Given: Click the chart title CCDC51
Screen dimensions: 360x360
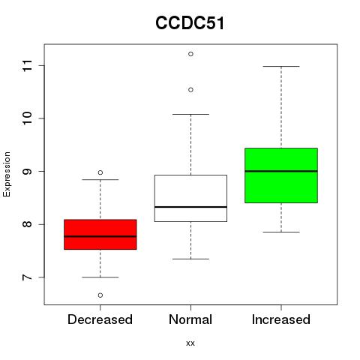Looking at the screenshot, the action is pos(190,23).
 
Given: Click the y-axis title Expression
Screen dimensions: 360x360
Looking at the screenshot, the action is pos(7,174).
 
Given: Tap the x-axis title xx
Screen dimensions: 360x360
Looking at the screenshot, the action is pos(190,343).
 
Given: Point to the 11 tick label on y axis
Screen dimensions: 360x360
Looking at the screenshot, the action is pos(27,66).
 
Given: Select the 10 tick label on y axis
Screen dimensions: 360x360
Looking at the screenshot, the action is pos(27,118).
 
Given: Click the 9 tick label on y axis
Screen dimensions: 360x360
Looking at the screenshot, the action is pos(27,171).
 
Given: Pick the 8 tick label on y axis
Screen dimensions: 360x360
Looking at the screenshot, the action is pos(27,224).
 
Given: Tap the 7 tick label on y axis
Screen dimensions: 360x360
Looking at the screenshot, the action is pos(27,277).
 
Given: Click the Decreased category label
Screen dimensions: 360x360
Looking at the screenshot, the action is pos(100,319).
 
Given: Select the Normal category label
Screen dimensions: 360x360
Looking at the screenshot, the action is pos(190,319).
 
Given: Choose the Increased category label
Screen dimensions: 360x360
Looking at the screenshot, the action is pos(281,319).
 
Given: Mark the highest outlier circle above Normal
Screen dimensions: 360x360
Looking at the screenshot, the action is pos(190,54).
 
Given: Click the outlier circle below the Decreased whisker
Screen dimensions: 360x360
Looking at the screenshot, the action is pos(100,295).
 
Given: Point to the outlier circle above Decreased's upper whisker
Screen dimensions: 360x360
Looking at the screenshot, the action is pos(100,172).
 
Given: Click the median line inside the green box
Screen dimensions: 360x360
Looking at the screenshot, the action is pos(281,171).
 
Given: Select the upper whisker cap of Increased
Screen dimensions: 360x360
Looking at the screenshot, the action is pos(281,66).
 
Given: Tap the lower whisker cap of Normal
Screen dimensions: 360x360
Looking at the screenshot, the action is pos(190,259).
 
